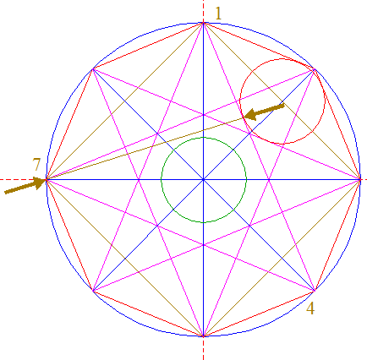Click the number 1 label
point(218,14)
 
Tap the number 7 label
point(36,165)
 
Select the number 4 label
point(310,308)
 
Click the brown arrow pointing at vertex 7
point(25,185)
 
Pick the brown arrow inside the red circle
point(264,112)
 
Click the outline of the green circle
point(204,138)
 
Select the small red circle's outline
point(282,59)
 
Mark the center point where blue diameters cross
point(204,179)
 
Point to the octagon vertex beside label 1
point(204,23)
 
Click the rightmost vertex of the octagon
point(360,179)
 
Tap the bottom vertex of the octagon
point(204,336)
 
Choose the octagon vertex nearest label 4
point(315,290)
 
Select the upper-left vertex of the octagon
point(93,68)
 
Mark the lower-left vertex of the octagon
point(93,290)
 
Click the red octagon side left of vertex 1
point(148,46)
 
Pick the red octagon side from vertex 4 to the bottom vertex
point(259,314)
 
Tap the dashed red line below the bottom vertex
point(204,348)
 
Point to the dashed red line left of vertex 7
point(23,179)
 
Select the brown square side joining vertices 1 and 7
point(125,101)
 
